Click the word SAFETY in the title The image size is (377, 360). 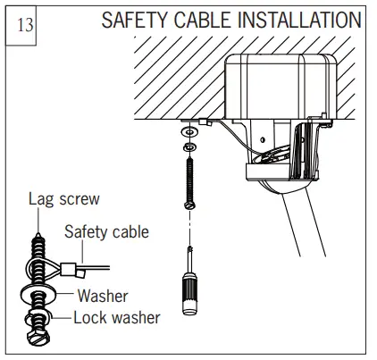pos(137,21)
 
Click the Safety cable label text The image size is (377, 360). pos(106,232)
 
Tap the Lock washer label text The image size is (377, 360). pos(116,317)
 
